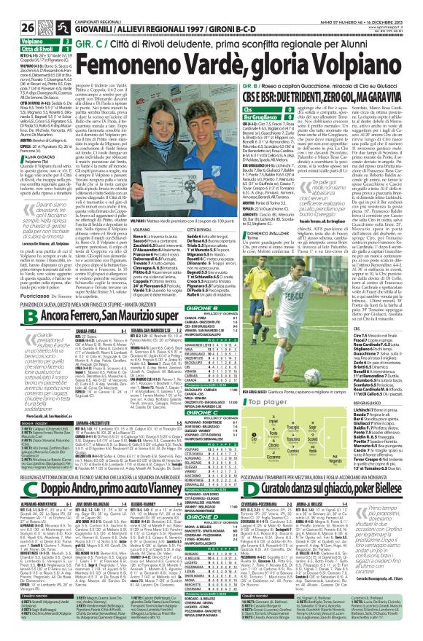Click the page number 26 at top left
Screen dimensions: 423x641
tap(11, 9)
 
